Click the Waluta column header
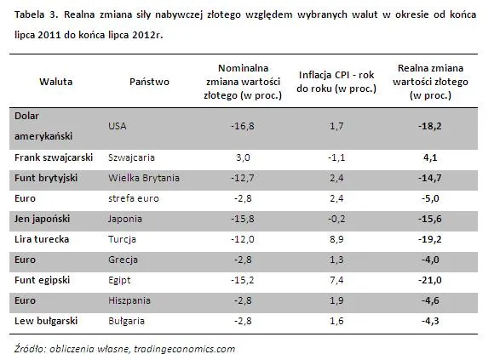point(55,82)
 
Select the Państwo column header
point(149,82)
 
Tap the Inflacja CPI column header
point(336,82)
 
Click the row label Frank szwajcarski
point(54,157)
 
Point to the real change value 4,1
point(430,157)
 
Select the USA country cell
point(118,126)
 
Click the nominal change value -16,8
point(243,126)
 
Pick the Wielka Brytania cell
point(144,178)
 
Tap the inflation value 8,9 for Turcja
point(336,239)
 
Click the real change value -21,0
point(430,280)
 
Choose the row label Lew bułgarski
point(46,321)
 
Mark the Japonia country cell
point(125,219)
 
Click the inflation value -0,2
point(336,219)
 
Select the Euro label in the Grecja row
point(25,260)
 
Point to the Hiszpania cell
point(129,300)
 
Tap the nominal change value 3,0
point(243,157)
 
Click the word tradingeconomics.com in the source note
point(184,349)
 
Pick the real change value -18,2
point(430,126)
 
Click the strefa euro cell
point(134,198)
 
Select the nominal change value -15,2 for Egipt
point(243,280)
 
